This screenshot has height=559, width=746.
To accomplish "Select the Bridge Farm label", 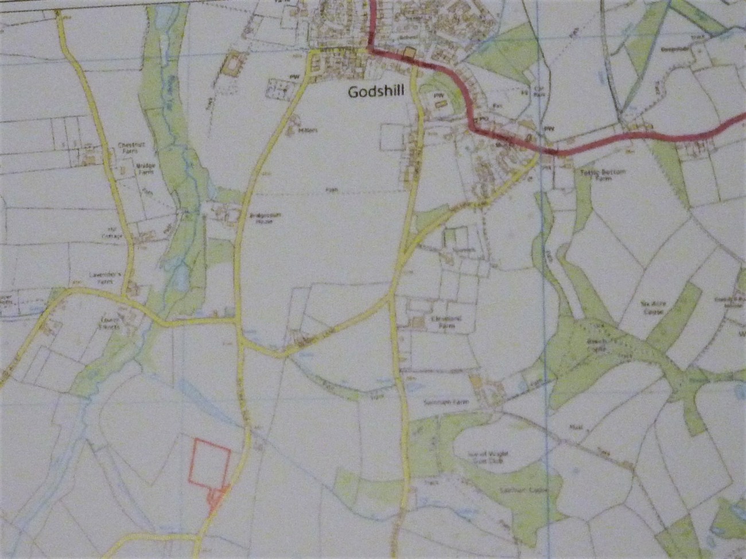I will [146, 168].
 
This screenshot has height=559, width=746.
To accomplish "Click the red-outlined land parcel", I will [209, 462].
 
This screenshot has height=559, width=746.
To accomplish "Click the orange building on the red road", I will [409, 53].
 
